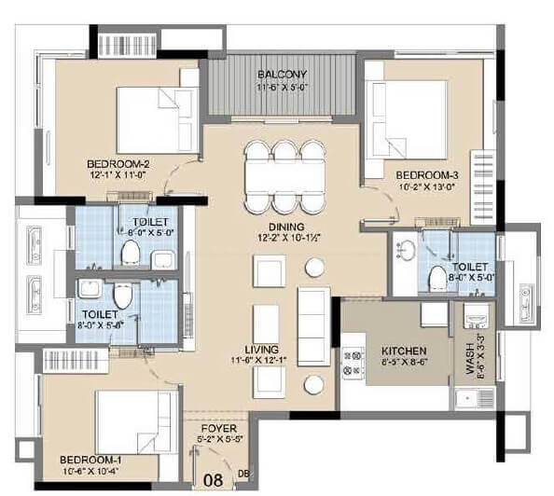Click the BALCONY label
click(x=283, y=74)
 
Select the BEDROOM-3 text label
click(x=424, y=174)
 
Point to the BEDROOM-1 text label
click(x=86, y=460)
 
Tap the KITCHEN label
click(x=405, y=351)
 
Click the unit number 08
click(x=213, y=480)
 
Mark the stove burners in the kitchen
click(x=353, y=364)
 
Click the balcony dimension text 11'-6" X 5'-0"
click(x=283, y=88)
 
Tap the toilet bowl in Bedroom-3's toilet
click(x=434, y=277)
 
